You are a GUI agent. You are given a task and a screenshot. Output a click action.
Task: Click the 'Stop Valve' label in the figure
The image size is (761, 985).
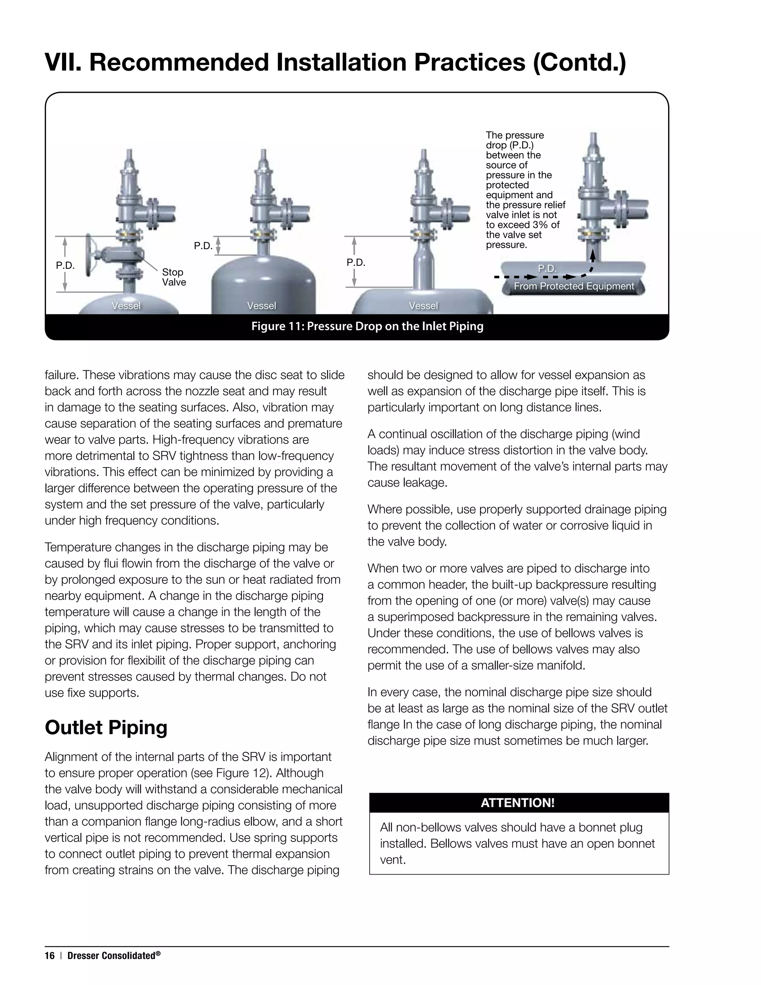pos(174,277)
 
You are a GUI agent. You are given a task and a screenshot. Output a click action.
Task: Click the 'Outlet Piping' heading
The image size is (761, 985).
pos(106,727)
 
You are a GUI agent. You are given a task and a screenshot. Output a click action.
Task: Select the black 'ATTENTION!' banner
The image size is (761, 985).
pos(518,802)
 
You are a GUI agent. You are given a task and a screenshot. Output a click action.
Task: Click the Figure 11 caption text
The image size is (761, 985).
pos(367,326)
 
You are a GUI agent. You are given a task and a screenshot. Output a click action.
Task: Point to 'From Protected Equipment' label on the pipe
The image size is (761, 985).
pos(573,286)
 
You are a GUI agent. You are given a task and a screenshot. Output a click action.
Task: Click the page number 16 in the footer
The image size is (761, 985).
pos(49,956)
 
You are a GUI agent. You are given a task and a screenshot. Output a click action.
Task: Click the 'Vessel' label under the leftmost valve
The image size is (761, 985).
pos(126,306)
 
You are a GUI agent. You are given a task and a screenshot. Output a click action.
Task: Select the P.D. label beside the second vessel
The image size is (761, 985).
pos(203,246)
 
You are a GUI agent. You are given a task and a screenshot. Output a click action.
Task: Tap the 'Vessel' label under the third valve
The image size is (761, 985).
pos(423,306)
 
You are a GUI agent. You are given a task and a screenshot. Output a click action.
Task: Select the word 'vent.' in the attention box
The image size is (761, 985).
pos(393,860)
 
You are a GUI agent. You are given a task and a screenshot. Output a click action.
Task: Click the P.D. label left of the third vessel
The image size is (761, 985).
pos(356,262)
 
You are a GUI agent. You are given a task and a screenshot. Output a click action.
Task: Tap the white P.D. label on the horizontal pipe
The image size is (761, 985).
pos(547,268)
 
